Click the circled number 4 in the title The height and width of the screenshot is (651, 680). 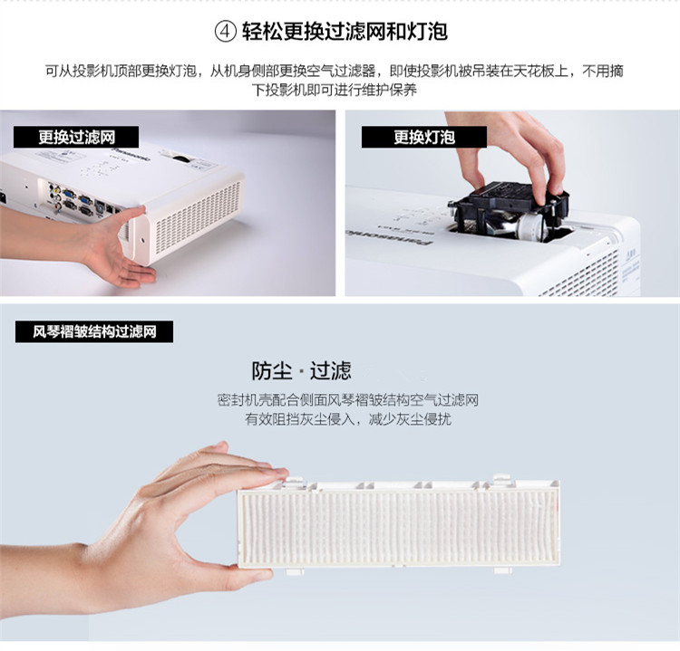coord(226,32)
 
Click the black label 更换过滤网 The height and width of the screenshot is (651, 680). coord(76,138)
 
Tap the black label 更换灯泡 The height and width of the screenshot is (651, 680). coord(424,138)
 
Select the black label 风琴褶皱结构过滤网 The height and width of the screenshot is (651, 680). coord(94,331)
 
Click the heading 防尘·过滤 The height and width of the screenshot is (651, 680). coord(301,370)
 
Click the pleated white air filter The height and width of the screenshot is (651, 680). coord(398,525)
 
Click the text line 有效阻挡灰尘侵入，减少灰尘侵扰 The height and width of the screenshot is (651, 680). coord(348,419)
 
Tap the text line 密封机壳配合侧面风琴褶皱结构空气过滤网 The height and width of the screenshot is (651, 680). coord(348,400)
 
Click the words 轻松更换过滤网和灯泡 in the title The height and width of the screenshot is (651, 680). coord(345,32)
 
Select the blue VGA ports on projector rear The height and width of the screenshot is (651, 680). coord(78,200)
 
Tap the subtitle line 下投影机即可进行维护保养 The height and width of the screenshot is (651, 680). coord(335,91)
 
